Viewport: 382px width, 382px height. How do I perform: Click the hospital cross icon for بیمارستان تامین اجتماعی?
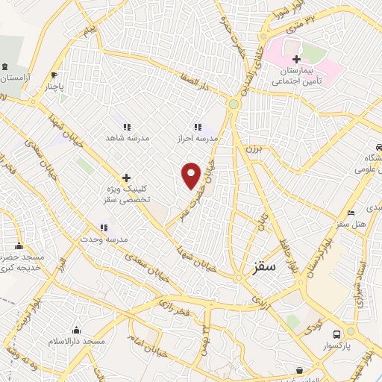click(296, 59)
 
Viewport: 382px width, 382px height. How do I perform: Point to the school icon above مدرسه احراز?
click(198, 127)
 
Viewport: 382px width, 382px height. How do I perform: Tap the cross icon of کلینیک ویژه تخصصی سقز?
click(126, 178)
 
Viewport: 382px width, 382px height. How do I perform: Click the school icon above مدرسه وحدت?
click(104, 227)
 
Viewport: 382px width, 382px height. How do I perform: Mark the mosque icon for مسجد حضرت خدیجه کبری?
click(19, 245)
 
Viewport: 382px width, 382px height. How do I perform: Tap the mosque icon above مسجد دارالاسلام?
click(77, 330)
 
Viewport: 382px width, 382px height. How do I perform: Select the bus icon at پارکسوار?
click(337, 334)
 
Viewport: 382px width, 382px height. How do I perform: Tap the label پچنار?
click(54, 86)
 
